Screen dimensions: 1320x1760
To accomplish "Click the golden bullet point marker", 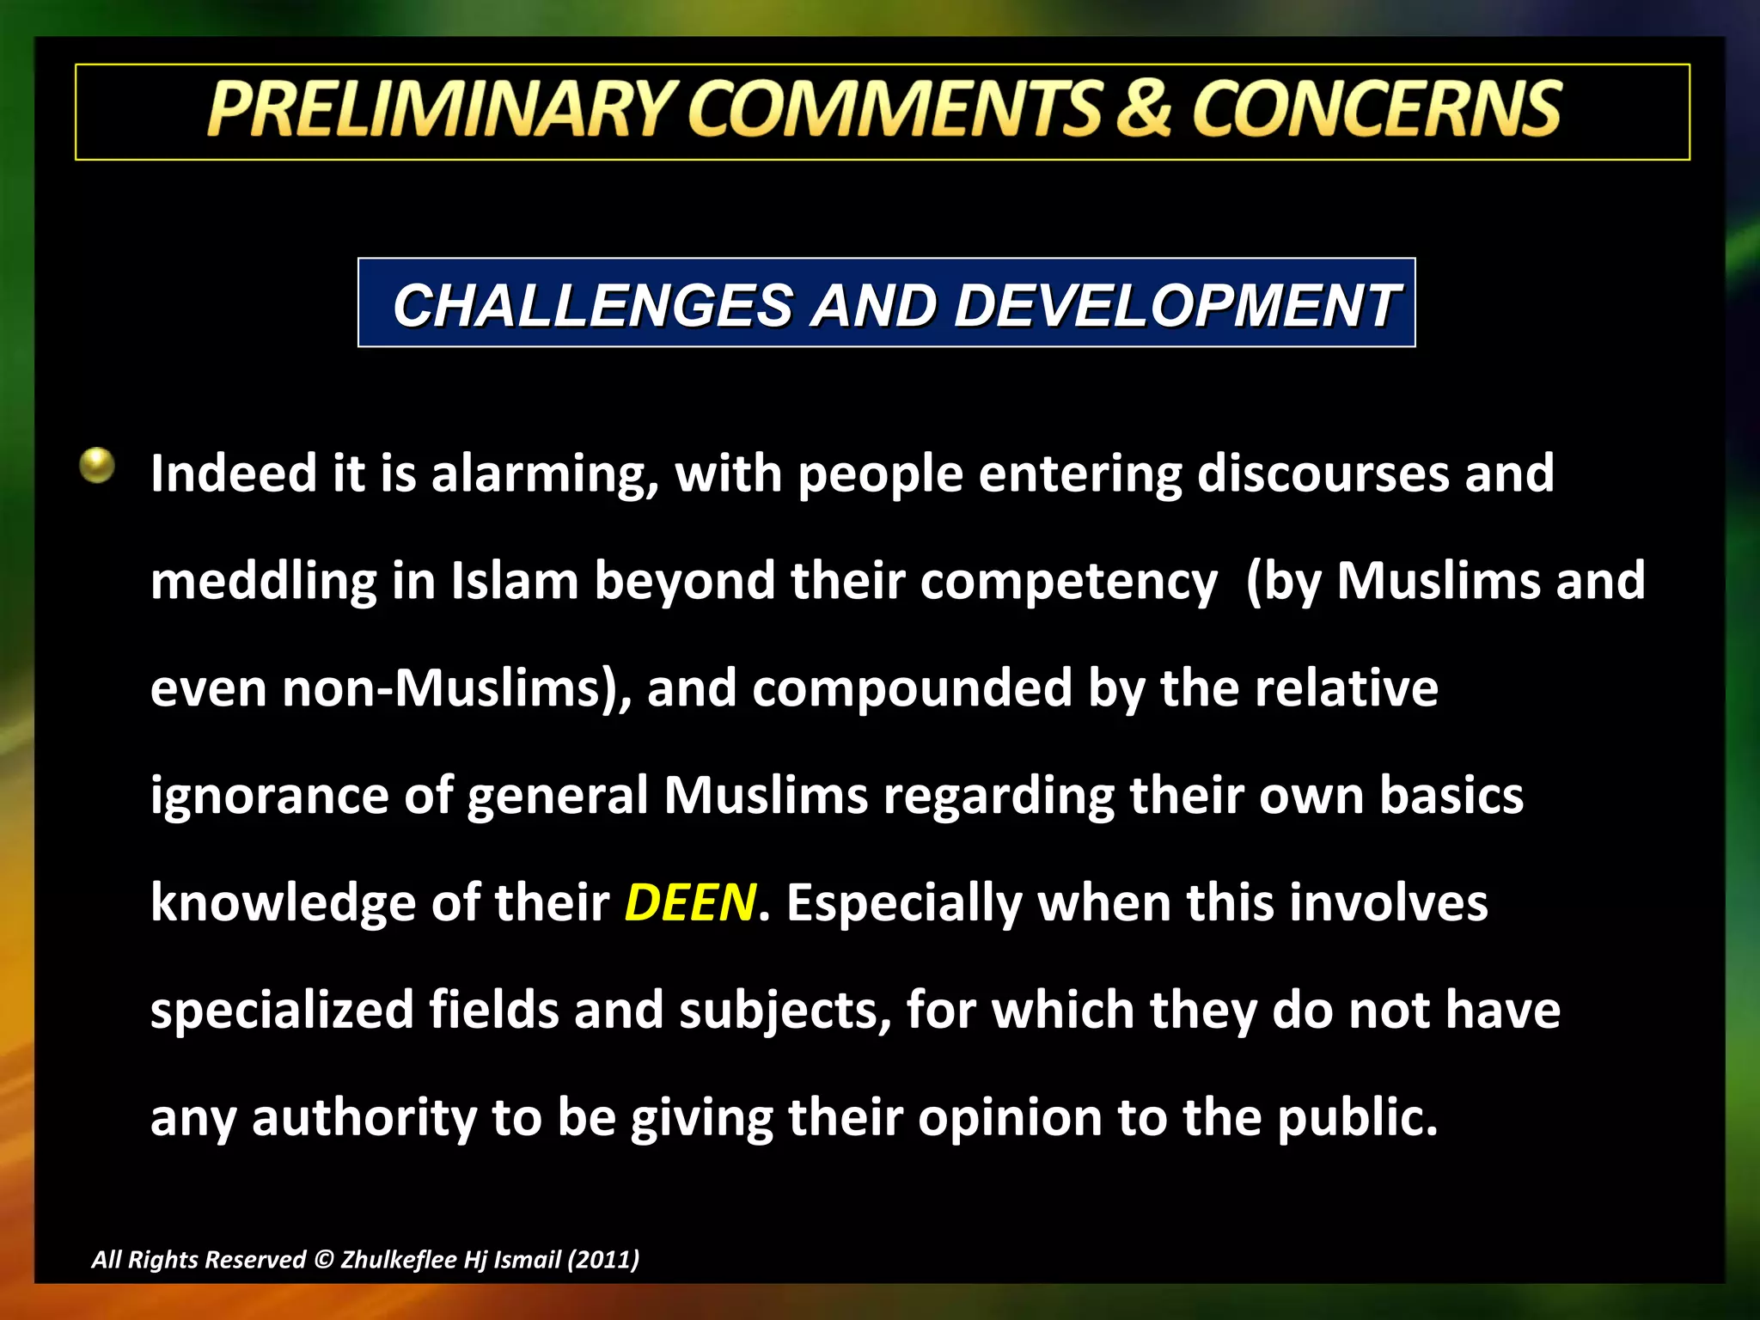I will point(97,466).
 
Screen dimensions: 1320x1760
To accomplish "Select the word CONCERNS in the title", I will point(1377,109).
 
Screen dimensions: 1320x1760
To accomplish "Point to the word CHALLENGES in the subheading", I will point(592,306).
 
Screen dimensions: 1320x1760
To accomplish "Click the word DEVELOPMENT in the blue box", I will point(1176,306).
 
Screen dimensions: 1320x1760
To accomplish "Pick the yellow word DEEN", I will point(690,903).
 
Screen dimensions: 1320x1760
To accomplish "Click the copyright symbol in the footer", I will point(323,1260).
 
